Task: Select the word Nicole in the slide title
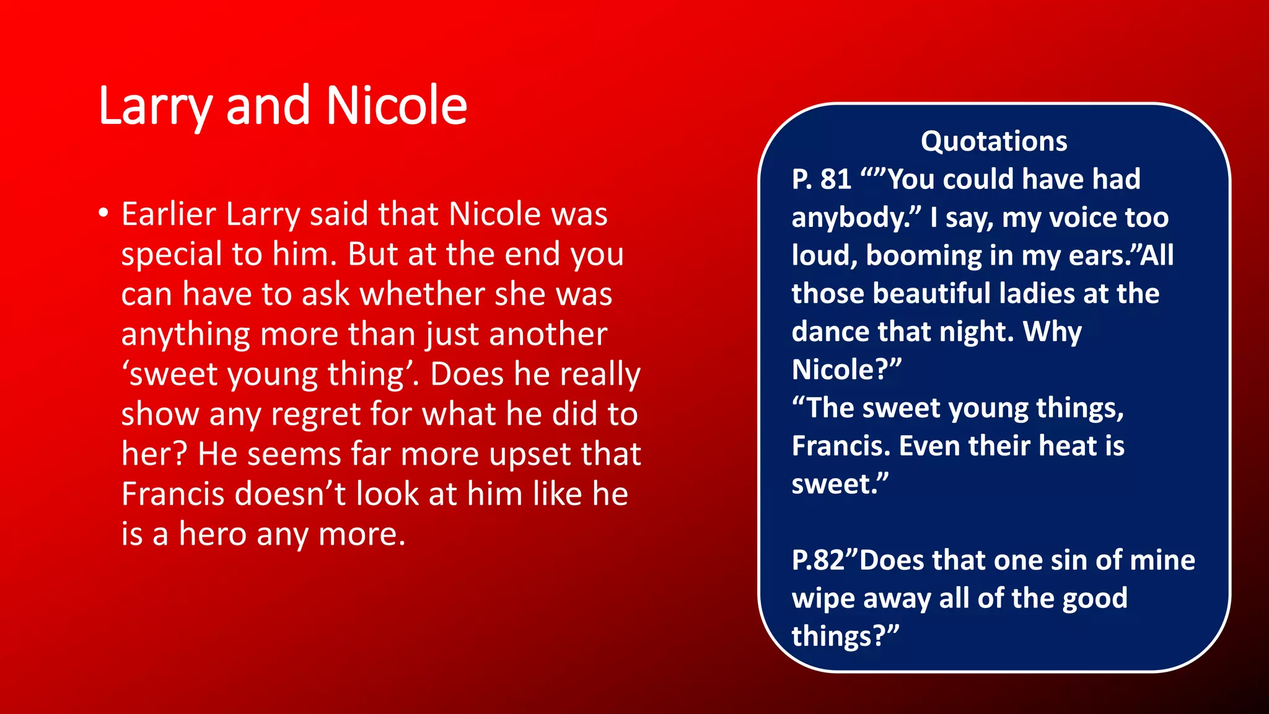[x=397, y=105]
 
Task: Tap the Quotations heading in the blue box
[x=994, y=141]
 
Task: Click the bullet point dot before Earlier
[x=103, y=214]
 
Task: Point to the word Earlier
[x=169, y=214]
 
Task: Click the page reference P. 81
[x=821, y=180]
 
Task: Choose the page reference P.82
[x=818, y=561]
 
